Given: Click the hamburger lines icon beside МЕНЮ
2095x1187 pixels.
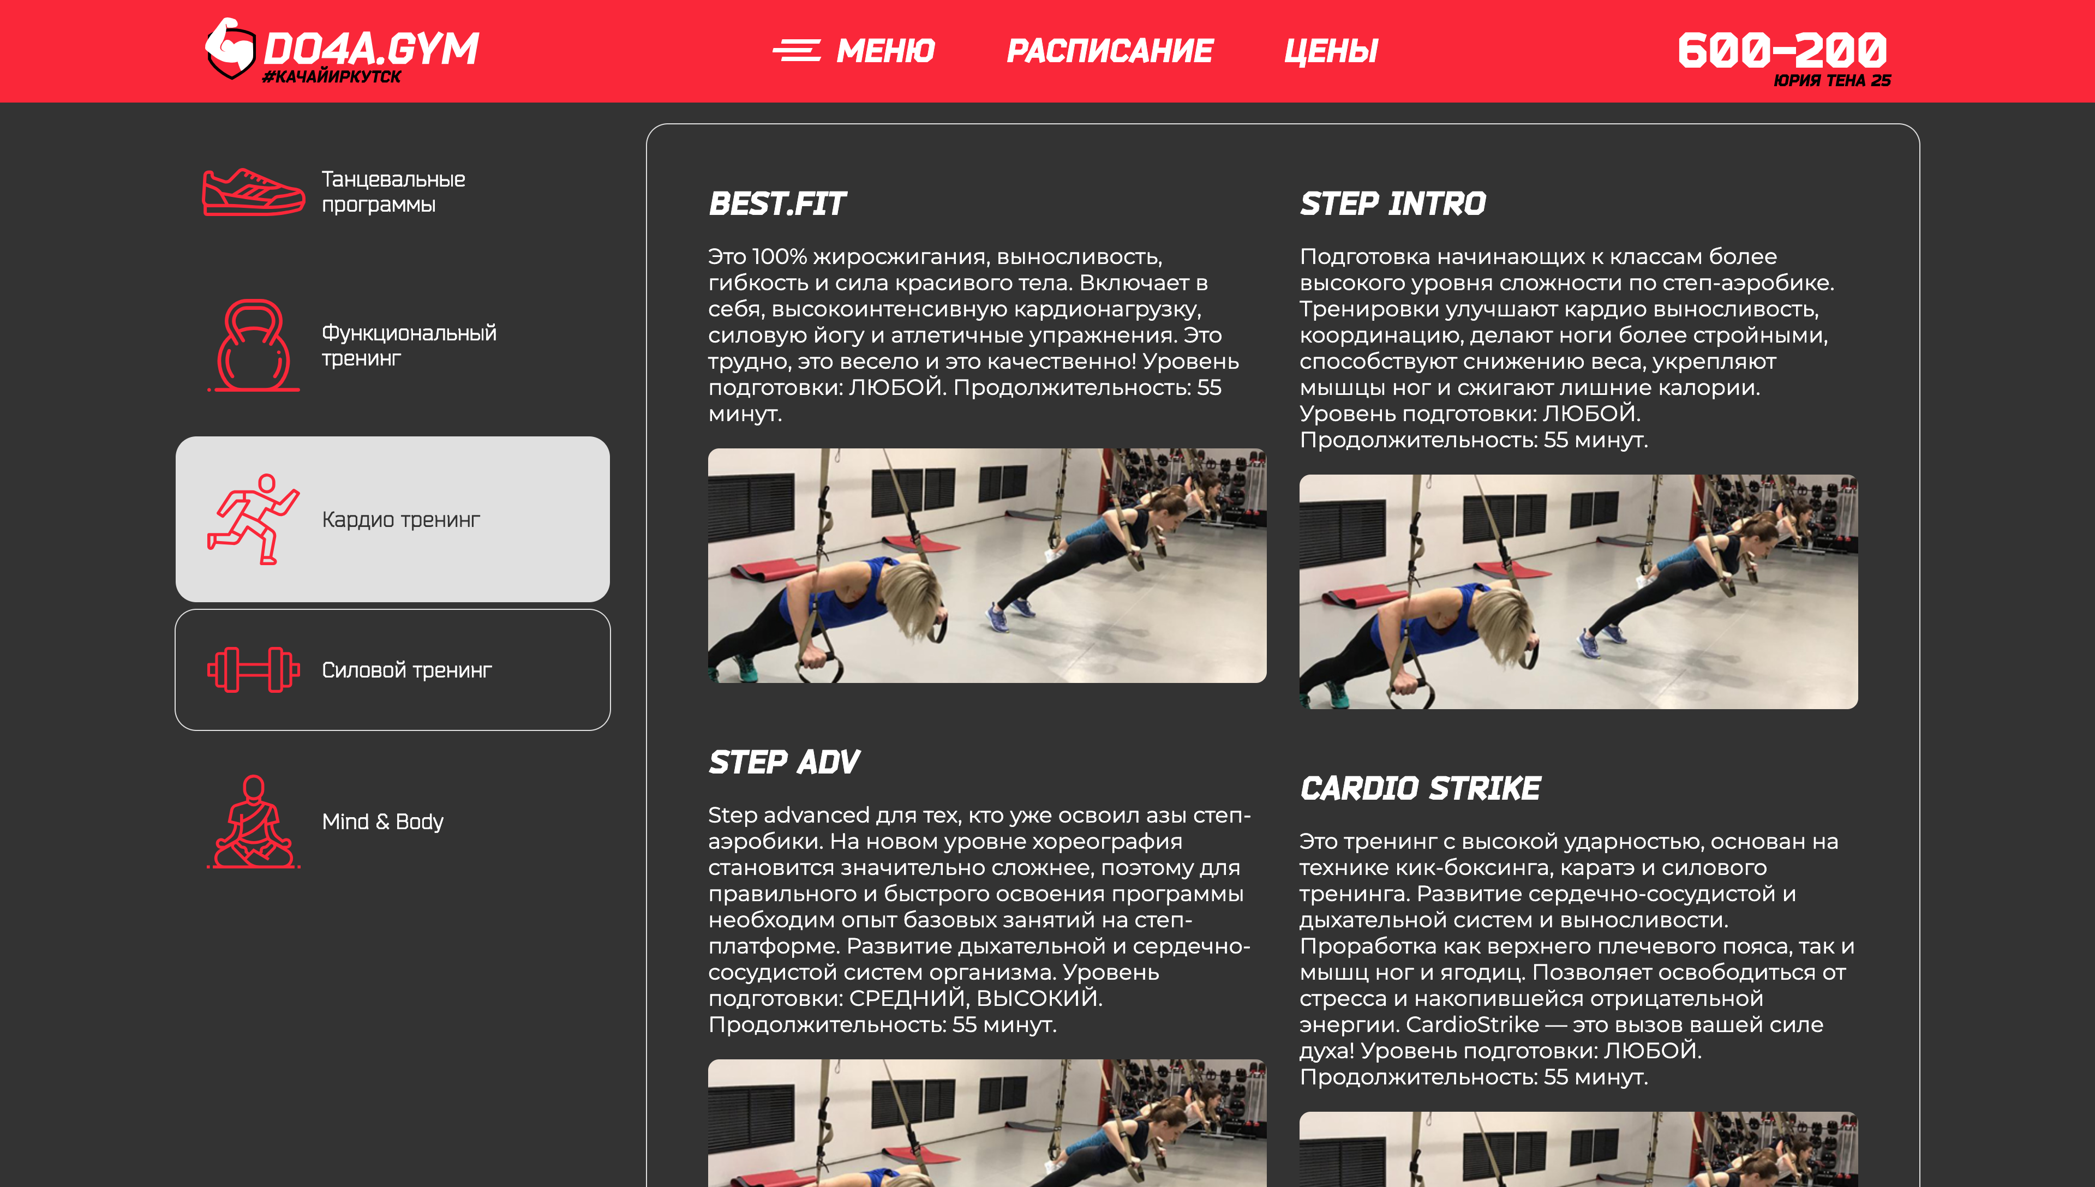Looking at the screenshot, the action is coord(797,51).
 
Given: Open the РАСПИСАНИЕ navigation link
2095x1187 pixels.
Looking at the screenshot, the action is coord(1110,51).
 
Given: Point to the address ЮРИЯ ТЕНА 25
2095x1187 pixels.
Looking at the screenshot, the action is coord(1831,80).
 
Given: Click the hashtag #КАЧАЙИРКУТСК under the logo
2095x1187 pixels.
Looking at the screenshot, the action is coord(332,76).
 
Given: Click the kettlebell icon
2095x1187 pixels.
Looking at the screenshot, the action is coord(254,345).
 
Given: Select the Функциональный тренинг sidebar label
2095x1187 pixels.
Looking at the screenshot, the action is coord(409,345).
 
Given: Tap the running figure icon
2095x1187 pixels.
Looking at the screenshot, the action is coord(254,519).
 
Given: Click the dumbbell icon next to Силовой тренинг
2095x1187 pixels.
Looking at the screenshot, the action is coord(254,670).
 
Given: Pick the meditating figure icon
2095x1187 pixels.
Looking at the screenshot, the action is coord(254,822).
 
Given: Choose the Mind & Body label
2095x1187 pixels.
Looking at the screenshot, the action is coord(382,822).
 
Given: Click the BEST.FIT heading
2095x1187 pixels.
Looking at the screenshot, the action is coord(777,204).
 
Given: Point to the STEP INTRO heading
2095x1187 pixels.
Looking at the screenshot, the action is coord(1392,204).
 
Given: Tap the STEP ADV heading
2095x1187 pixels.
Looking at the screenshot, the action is coord(783,762).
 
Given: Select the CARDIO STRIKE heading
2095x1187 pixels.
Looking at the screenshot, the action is coord(1420,788).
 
